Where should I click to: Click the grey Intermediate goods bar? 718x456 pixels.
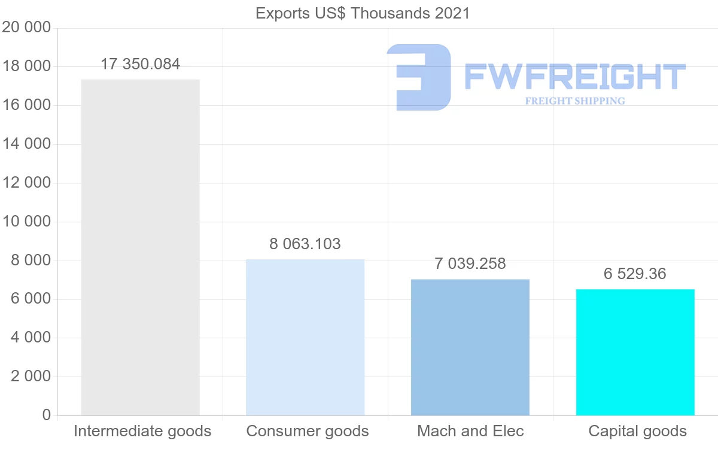(x=140, y=247)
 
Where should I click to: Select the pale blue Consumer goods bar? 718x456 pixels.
(x=305, y=337)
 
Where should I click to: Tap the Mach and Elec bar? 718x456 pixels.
(x=470, y=347)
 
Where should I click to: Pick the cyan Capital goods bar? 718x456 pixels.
(x=635, y=352)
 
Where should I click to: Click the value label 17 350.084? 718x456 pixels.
(x=140, y=65)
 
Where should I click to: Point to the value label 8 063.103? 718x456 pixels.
(x=305, y=244)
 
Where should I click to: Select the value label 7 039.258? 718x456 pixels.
(x=470, y=264)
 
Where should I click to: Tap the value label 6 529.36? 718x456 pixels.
(x=635, y=274)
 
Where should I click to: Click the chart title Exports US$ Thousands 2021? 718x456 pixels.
(x=363, y=13)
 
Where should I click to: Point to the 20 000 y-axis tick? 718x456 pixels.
(x=26, y=27)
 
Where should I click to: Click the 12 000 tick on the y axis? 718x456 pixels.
(x=26, y=183)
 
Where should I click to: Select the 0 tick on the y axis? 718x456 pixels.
(x=47, y=415)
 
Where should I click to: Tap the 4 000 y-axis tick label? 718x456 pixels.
(x=31, y=338)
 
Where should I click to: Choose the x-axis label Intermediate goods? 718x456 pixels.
(x=142, y=431)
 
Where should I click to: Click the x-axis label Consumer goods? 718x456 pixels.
(x=308, y=431)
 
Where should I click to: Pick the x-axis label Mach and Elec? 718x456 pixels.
(x=470, y=431)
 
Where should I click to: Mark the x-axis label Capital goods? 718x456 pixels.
(x=638, y=431)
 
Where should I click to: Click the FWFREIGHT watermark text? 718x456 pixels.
(x=574, y=76)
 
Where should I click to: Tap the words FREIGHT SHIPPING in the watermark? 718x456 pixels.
(x=575, y=101)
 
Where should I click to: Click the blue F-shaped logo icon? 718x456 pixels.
(x=419, y=77)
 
